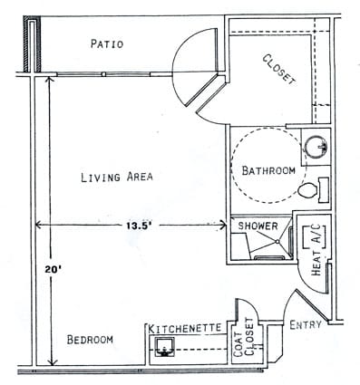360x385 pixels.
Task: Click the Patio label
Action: pos(108,43)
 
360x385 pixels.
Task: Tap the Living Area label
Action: pos(115,177)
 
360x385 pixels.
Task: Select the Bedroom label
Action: pos(90,340)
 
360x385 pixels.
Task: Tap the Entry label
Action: pos(306,324)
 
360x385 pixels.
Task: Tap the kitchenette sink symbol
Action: pos(166,347)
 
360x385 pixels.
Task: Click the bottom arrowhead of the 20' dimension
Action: pos(53,362)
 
